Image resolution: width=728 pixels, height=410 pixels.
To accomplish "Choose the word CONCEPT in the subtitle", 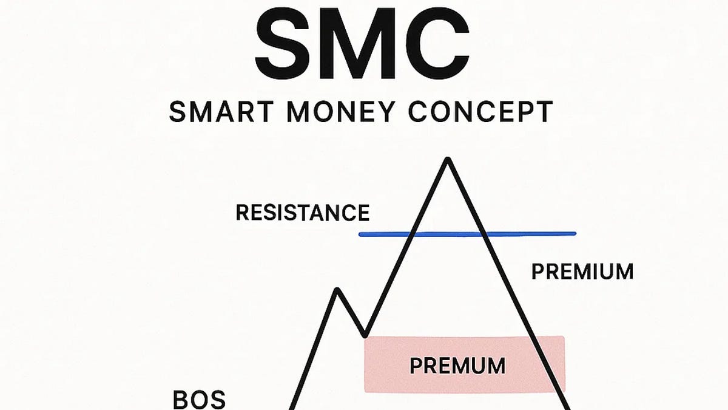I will (x=473, y=113).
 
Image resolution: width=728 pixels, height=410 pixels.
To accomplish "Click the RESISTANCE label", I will (x=302, y=213).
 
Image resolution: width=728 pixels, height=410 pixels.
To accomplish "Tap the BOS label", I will (x=199, y=400).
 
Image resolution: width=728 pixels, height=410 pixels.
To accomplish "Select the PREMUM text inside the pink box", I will (x=457, y=366).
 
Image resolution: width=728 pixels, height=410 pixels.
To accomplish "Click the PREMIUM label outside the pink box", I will (x=582, y=272).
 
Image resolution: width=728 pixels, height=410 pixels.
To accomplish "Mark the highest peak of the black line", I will (x=448, y=160).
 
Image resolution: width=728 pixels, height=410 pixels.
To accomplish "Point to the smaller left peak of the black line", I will (x=337, y=290).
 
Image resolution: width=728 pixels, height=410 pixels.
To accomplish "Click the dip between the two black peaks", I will (x=364, y=335).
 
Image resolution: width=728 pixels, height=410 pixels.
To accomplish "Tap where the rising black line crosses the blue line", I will (x=414, y=234).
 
